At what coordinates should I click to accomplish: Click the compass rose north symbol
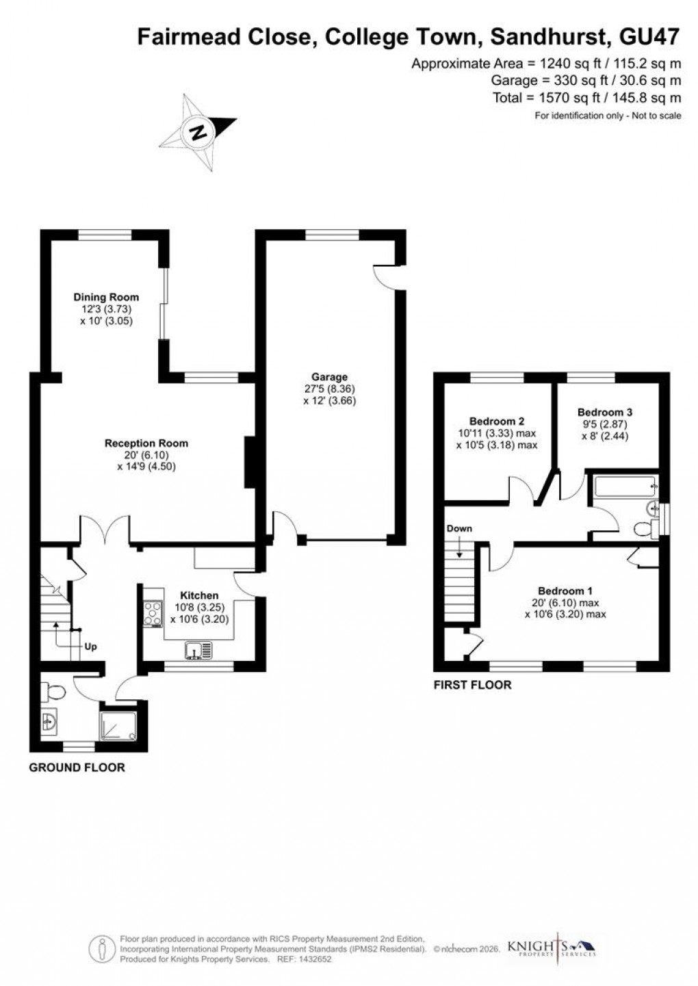coord(198,131)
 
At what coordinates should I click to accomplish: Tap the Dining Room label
coord(106,297)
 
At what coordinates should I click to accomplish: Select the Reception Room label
coord(146,443)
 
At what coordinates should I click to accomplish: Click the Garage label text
coord(330,377)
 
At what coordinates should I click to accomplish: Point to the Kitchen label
coord(199,596)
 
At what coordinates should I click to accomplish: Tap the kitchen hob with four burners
coord(151,613)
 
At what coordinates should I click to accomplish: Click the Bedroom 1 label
coord(565,591)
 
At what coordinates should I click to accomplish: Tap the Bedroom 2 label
coord(497,421)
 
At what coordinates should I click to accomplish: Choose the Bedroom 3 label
coord(605,413)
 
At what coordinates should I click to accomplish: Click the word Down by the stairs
coord(459,529)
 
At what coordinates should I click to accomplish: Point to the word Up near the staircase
coord(90,646)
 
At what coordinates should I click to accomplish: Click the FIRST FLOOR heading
coord(472,685)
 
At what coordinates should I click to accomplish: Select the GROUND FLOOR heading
coord(77,768)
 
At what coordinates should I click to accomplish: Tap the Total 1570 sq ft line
coord(586,98)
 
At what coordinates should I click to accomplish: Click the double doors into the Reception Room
coord(105,530)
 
